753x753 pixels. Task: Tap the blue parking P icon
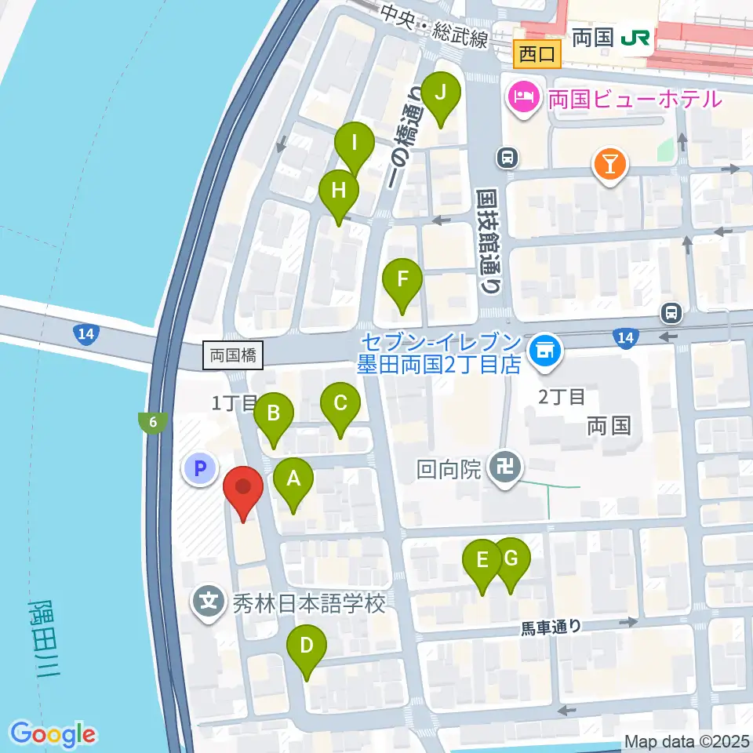tap(199, 469)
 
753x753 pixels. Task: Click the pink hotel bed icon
tap(522, 97)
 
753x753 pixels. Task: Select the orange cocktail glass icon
tap(610, 165)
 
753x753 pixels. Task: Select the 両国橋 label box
tap(233, 355)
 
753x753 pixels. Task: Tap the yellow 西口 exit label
tap(537, 55)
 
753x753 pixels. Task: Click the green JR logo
tap(634, 38)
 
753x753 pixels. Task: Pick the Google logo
tap(53, 734)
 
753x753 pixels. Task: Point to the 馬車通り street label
tap(552, 626)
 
